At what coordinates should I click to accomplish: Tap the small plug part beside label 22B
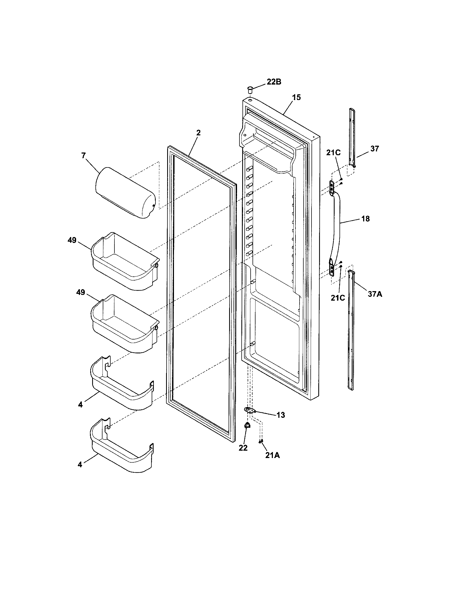click(x=249, y=89)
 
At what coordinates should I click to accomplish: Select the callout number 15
click(x=296, y=97)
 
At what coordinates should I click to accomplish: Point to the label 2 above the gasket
click(x=198, y=133)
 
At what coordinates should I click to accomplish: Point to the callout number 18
click(x=366, y=219)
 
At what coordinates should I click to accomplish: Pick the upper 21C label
click(x=333, y=153)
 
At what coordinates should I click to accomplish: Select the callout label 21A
click(x=272, y=455)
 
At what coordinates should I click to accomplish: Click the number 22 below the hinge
click(x=243, y=448)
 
